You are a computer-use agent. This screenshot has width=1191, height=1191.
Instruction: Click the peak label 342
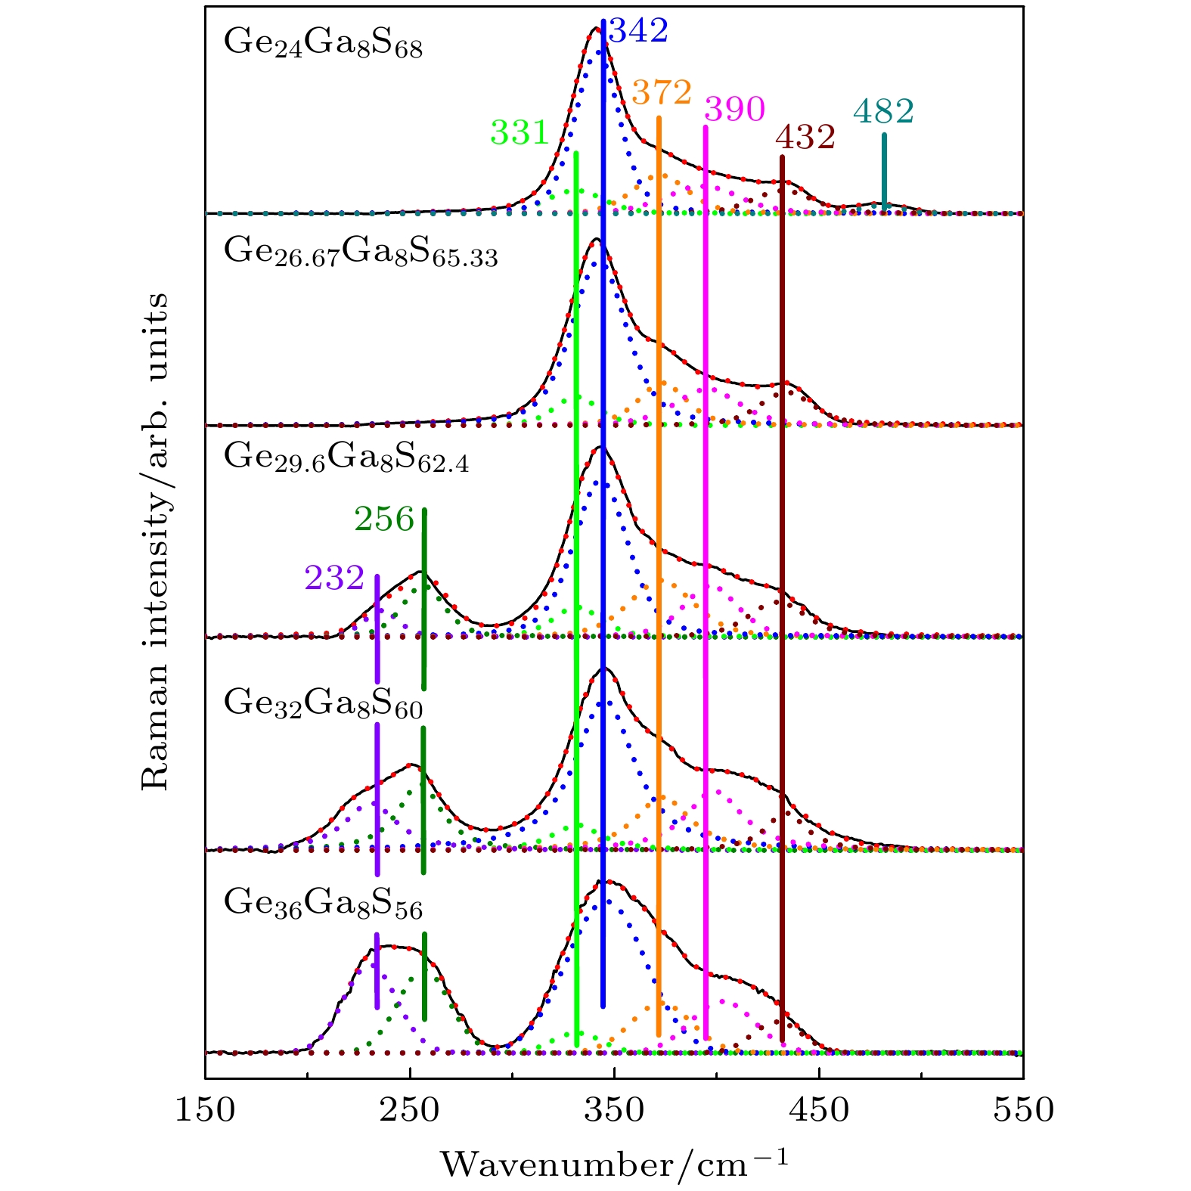[639, 32]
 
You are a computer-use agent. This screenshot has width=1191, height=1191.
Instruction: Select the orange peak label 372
[662, 93]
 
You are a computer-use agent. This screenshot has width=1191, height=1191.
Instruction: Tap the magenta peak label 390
[734, 110]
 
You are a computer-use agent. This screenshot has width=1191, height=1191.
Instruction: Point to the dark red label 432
[805, 138]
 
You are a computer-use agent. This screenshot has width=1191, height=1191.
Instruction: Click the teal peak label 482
[883, 112]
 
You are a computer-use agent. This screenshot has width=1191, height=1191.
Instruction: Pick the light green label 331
[519, 133]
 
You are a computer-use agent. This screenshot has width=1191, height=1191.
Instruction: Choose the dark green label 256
[384, 520]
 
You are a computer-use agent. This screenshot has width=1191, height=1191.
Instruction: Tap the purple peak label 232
[334, 578]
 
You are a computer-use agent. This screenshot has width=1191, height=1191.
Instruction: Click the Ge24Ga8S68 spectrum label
[323, 44]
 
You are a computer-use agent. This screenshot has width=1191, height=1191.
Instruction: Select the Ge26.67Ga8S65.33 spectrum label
[361, 253]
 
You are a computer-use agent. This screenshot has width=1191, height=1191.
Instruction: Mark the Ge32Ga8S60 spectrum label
[323, 704]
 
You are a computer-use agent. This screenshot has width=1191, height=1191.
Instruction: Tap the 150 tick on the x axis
[206, 1110]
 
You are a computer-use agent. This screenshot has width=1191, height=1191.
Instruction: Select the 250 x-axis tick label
[410, 1110]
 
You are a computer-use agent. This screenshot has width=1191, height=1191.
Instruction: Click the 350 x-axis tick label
[614, 1110]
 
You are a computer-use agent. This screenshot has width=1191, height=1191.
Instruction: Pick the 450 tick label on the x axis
[818, 1110]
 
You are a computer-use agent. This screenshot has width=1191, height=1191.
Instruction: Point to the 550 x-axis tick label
[1022, 1110]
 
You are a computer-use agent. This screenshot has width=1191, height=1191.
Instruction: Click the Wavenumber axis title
[614, 1162]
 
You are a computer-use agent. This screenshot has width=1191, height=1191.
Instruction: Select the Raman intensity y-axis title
[156, 541]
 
